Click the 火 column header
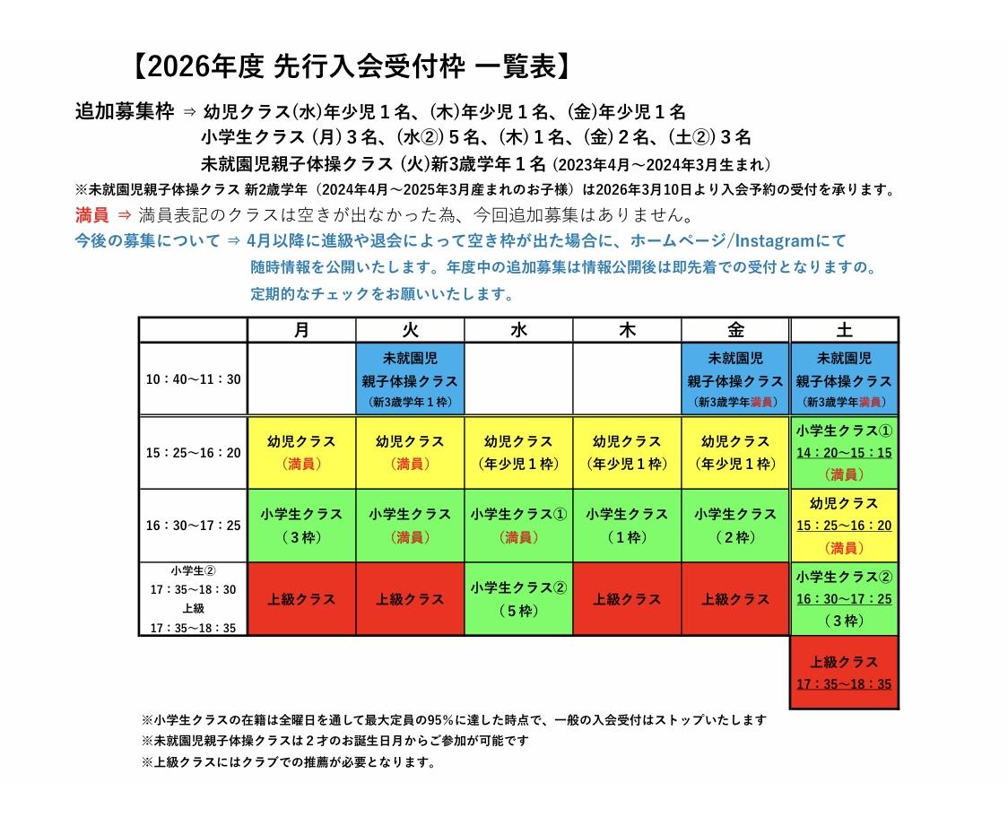point(410,330)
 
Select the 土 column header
point(844,330)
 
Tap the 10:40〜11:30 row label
point(194,379)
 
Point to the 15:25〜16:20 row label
point(194,452)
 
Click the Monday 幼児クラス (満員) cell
point(301,452)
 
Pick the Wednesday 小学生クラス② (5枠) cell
point(518,599)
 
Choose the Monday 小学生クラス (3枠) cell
point(301,526)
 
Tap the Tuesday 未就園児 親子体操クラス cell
point(410,379)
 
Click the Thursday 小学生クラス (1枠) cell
point(627,526)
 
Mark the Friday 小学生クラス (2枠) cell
point(735,526)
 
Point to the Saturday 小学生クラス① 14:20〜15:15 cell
point(844,452)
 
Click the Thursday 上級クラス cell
point(627,599)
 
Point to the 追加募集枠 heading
point(125,112)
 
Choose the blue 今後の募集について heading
point(147,241)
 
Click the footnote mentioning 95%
point(454,719)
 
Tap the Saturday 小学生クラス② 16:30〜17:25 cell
point(844,599)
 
